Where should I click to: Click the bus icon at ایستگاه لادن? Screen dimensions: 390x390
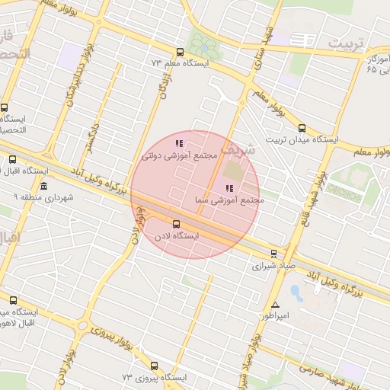tap(177, 224)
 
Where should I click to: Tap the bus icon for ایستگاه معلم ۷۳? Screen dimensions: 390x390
tap(180, 53)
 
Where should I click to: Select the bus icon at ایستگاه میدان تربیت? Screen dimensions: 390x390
tap(302, 128)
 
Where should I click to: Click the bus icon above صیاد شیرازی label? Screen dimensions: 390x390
tap(274, 254)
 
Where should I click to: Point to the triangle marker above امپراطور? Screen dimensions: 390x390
tap(275, 304)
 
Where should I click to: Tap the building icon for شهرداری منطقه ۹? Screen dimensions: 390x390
tap(43, 187)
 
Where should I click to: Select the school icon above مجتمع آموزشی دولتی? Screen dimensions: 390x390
tap(179, 142)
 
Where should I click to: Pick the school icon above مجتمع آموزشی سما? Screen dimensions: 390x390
tap(229, 188)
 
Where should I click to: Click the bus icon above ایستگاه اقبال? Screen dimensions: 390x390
tap(12, 159)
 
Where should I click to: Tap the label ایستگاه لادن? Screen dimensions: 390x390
tap(176, 237)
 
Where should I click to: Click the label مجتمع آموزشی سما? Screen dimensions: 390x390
tap(228, 200)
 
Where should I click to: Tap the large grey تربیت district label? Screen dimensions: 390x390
tap(353, 43)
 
